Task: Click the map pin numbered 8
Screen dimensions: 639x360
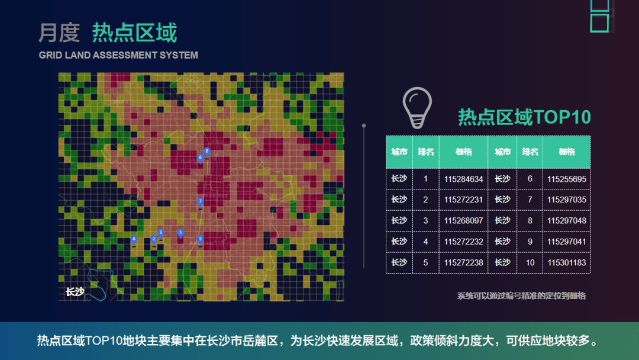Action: (x=207, y=153)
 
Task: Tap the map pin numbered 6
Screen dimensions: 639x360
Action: (x=200, y=158)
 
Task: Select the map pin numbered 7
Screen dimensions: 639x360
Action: (x=200, y=202)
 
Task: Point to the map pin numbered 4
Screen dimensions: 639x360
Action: (x=134, y=240)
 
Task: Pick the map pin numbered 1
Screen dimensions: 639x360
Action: (x=180, y=234)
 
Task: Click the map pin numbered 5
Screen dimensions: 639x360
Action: (x=200, y=240)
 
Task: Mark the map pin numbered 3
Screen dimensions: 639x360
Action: (x=160, y=234)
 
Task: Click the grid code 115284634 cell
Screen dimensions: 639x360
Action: (x=463, y=179)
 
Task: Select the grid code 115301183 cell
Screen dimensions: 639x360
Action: (x=566, y=262)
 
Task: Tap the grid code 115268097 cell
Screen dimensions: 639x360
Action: (x=463, y=221)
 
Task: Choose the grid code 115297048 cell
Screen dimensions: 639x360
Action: (x=566, y=221)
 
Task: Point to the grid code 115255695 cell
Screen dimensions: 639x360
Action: (x=566, y=179)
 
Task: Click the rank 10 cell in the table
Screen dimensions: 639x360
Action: (x=530, y=262)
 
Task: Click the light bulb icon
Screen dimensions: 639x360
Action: (x=417, y=108)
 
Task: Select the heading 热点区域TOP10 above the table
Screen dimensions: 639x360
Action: (x=524, y=117)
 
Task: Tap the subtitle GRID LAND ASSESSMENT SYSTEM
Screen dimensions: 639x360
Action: (x=118, y=55)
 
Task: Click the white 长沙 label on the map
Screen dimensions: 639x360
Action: (x=75, y=291)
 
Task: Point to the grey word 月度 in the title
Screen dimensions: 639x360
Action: (x=59, y=33)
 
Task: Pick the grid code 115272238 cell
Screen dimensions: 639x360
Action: (x=463, y=262)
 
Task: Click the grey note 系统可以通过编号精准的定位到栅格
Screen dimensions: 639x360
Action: (x=521, y=295)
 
